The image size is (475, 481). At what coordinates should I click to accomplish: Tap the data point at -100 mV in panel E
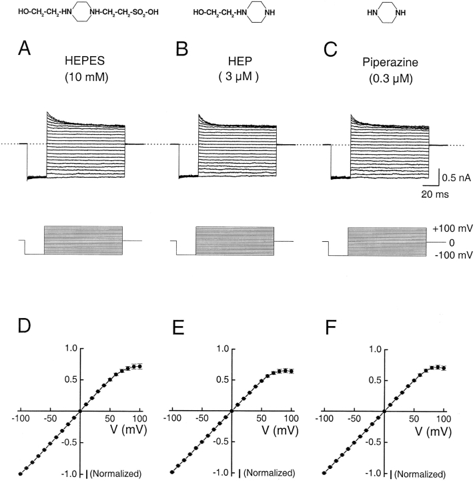pos(172,472)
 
